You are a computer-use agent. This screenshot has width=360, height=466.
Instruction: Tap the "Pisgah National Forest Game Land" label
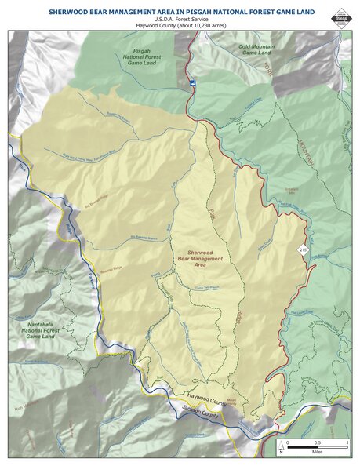(x=141, y=56)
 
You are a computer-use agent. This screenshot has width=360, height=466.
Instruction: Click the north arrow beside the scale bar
(x=279, y=449)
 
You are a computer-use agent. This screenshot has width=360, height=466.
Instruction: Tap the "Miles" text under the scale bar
(x=317, y=453)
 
